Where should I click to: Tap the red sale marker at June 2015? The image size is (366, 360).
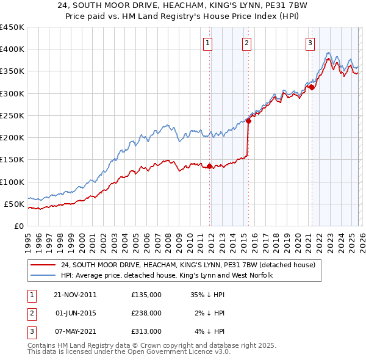248,121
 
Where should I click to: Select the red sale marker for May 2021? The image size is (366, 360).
312,87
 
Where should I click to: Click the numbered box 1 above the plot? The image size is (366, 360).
208,43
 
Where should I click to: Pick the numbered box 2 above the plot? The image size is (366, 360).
246,43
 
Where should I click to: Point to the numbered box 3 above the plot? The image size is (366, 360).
310,43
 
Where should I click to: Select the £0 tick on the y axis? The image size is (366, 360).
18,226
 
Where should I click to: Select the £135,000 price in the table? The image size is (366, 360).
146,294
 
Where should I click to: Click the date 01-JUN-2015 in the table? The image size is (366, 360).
75,312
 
